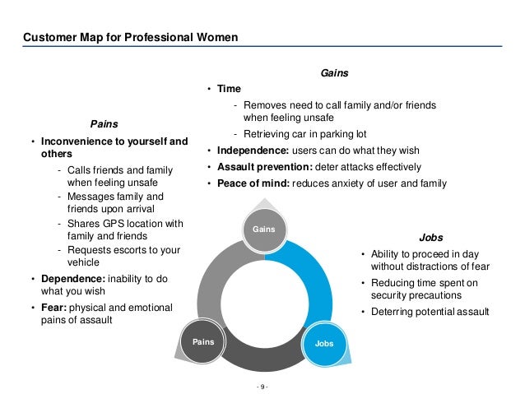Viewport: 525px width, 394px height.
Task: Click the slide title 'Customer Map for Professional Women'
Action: [x=131, y=36]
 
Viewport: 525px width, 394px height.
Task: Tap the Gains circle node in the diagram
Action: [x=262, y=227]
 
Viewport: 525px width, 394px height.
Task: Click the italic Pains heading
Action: [x=105, y=123]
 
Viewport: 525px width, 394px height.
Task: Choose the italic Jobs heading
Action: [x=431, y=235]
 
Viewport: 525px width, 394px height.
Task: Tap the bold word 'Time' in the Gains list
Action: [x=229, y=89]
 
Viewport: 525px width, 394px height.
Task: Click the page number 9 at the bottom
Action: [x=262, y=385]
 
